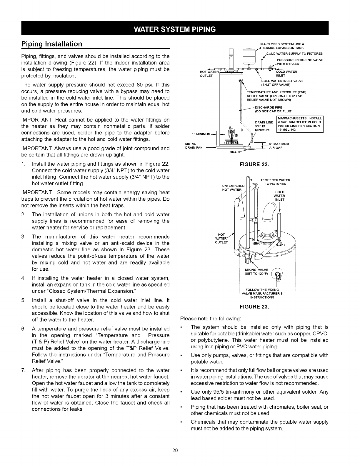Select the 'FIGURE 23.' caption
[x=254, y=307]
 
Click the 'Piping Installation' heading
[x=52, y=44]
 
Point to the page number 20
[x=175, y=450]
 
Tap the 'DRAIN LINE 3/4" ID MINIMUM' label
[x=264, y=126]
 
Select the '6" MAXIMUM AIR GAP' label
[x=279, y=146]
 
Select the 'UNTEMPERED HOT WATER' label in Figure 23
[x=233, y=188]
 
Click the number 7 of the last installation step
[x=23, y=370]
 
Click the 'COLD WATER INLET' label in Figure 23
[x=279, y=196]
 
